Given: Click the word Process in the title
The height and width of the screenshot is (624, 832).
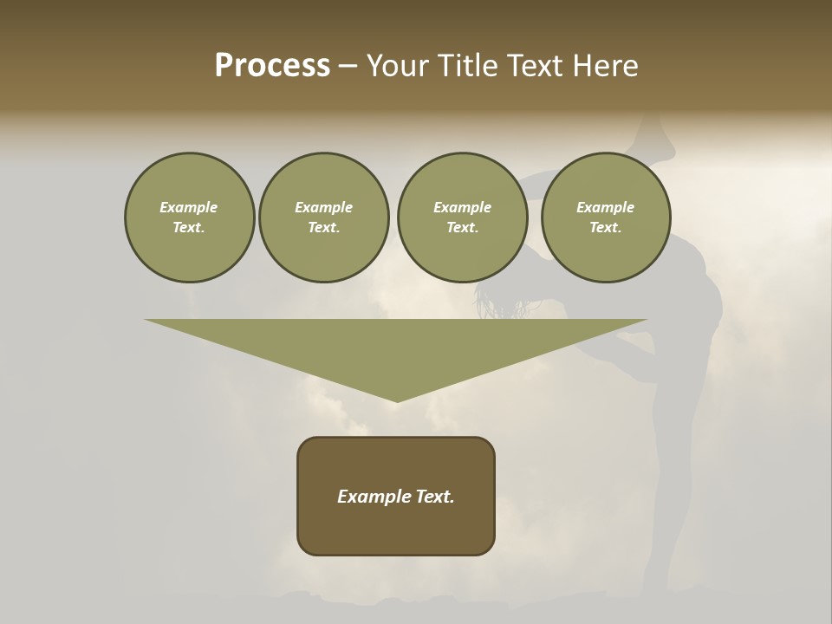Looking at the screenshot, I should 272,66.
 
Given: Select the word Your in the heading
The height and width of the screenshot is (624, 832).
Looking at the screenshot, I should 398,66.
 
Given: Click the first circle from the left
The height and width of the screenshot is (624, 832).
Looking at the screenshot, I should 189,218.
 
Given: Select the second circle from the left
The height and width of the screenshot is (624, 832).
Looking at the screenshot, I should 323,218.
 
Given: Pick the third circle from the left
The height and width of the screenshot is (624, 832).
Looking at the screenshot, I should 462,218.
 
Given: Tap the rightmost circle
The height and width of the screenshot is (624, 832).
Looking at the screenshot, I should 605,218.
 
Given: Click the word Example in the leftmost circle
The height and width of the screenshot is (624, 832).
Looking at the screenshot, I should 189,207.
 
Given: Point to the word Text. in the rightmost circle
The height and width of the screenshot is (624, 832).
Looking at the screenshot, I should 605,228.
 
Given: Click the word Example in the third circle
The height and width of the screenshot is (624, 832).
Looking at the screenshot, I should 462,207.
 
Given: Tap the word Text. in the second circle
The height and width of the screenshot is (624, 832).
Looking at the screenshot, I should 323,228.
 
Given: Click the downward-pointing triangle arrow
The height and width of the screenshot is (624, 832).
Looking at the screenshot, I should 396,347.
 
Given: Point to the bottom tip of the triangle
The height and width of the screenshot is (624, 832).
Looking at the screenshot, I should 396,400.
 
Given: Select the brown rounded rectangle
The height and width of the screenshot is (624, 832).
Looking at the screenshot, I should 396,529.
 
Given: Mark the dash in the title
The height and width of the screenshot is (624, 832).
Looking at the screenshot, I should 348,67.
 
